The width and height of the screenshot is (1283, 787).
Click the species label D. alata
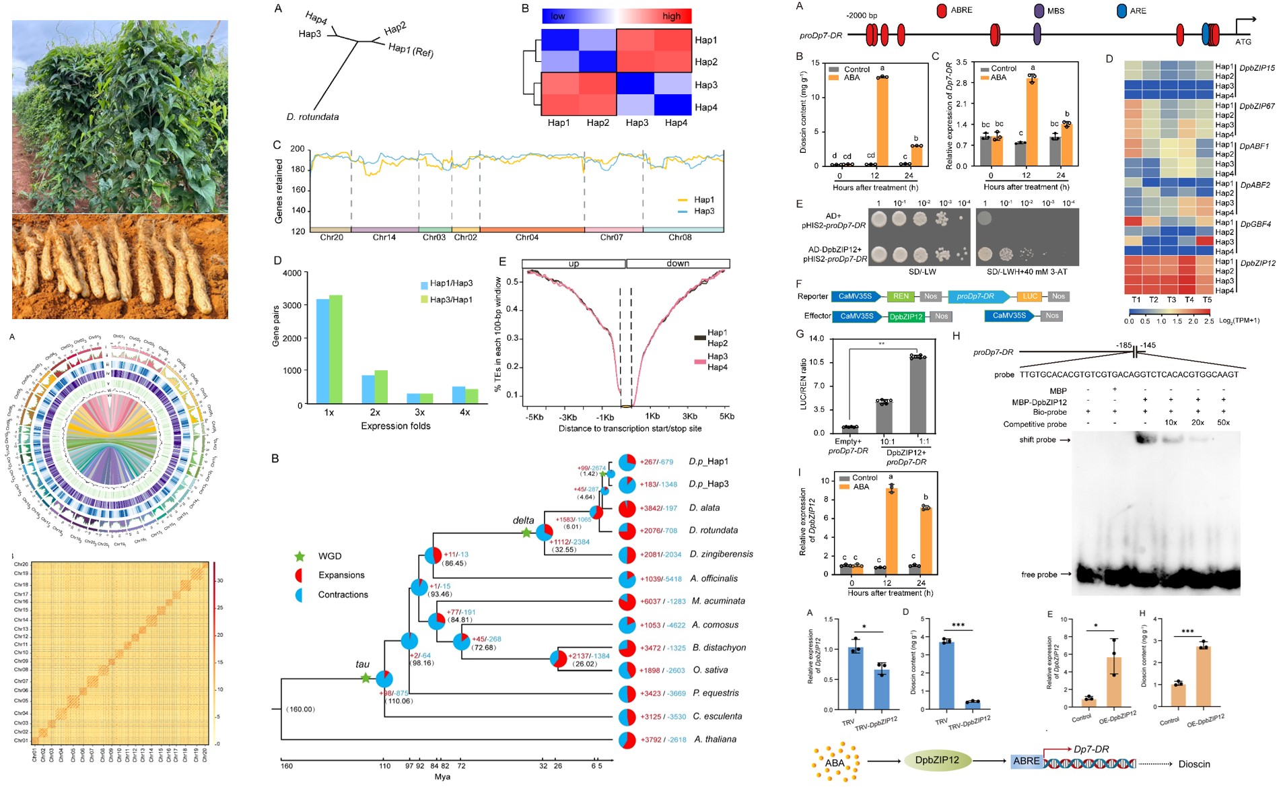coord(704,508)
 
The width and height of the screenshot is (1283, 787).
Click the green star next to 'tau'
coord(365,678)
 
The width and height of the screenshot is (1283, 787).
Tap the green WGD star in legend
coord(300,556)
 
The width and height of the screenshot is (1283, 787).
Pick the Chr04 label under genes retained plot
coord(527,238)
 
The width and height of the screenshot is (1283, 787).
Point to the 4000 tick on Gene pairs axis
coord(292,273)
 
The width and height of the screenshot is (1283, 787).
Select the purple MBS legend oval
coord(1039,11)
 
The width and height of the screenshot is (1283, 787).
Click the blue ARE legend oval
coord(1121,11)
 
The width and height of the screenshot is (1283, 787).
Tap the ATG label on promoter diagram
coord(1243,42)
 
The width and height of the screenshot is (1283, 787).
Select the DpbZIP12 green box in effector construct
coord(906,316)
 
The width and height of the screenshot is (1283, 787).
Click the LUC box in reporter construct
coord(1030,296)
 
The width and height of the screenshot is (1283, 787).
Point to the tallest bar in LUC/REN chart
coord(918,395)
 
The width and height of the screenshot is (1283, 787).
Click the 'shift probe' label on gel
coord(1037,440)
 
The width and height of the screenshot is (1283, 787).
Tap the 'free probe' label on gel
coord(1039,575)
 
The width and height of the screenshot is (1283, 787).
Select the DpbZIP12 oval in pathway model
coord(937,760)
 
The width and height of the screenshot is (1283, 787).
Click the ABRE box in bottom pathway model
coord(1026,761)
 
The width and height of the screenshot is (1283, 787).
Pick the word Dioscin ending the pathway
coord(1194,764)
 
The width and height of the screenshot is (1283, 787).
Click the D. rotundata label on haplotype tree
coord(312,117)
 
